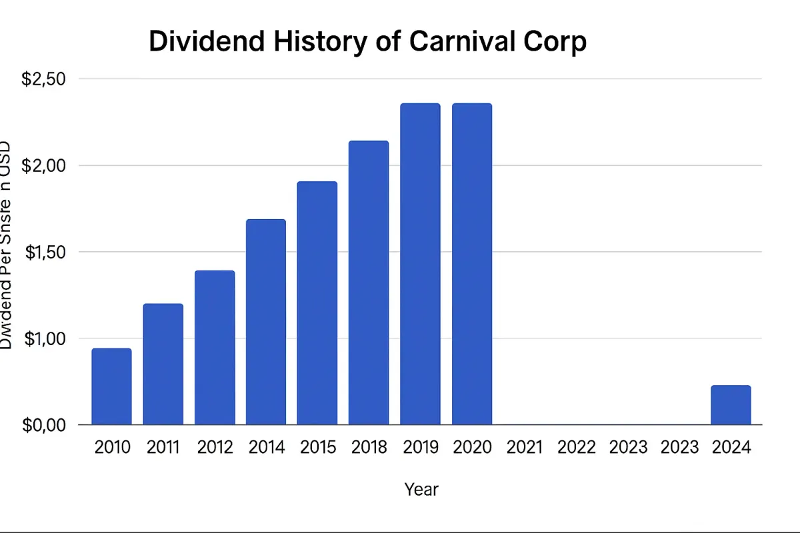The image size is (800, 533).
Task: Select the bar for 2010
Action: point(111,386)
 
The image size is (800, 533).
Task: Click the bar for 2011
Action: point(163,364)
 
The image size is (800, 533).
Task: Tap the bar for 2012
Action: point(215,347)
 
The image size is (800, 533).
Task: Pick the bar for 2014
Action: point(266,322)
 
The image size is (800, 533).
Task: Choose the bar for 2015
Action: point(317,302)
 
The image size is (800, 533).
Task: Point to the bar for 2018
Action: point(369,282)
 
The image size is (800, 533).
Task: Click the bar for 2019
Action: point(420,264)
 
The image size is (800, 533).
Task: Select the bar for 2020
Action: point(472,264)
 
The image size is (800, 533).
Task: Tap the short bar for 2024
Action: point(731,405)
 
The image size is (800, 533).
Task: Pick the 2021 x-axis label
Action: point(525,447)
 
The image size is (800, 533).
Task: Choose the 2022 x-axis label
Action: point(576,447)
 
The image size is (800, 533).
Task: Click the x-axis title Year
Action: point(421,490)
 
